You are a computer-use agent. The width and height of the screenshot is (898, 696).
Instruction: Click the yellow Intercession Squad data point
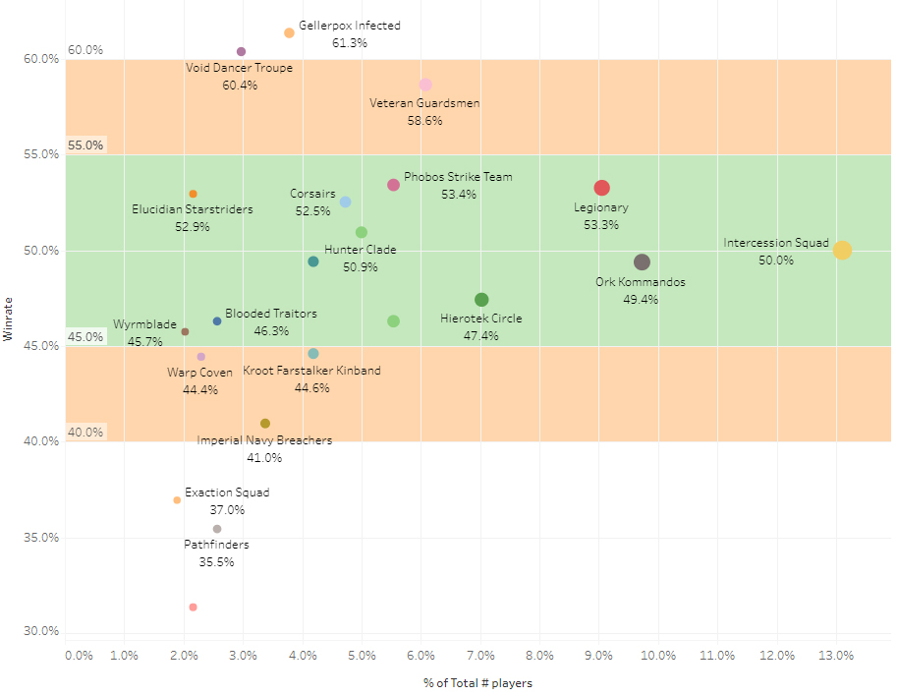pos(842,251)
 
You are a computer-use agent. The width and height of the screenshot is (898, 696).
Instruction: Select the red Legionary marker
pos(601,188)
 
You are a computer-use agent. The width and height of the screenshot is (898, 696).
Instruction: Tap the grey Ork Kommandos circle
pos(642,262)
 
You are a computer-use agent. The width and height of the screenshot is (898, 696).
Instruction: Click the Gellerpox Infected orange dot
pos(289,33)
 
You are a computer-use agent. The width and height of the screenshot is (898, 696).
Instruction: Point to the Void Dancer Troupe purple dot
pos(242,52)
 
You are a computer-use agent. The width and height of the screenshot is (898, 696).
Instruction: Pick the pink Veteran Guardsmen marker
pos(425,85)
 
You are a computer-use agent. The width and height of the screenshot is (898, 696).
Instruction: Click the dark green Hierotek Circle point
pos(481,300)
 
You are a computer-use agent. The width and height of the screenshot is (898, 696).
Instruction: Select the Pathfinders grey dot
pos(217,529)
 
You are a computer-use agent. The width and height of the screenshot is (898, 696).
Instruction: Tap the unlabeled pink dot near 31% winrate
pos(193,608)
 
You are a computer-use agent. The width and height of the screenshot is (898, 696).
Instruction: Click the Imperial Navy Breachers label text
pos(264,440)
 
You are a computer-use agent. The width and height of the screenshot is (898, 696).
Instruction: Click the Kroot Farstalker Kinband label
pos(312,371)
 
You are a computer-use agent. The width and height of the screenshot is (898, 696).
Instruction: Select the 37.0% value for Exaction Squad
pos(227,510)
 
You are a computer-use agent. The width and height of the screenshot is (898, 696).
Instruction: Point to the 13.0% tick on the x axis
pos(836,656)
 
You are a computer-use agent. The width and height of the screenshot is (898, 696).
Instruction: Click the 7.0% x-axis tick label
pos(480,656)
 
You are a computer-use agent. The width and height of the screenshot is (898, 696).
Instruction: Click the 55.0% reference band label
pos(85,145)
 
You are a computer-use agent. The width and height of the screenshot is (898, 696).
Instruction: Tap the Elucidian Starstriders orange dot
pos(193,194)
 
